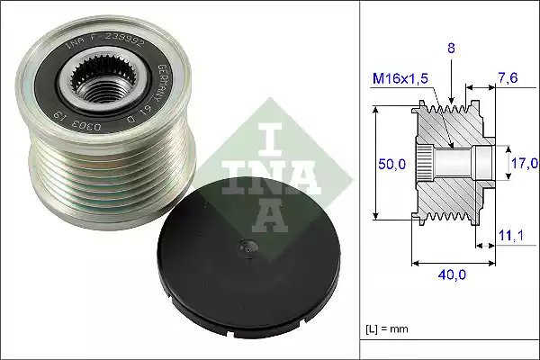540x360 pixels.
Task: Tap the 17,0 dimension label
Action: tap(524, 163)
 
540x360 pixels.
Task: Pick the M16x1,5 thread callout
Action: tap(400, 81)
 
